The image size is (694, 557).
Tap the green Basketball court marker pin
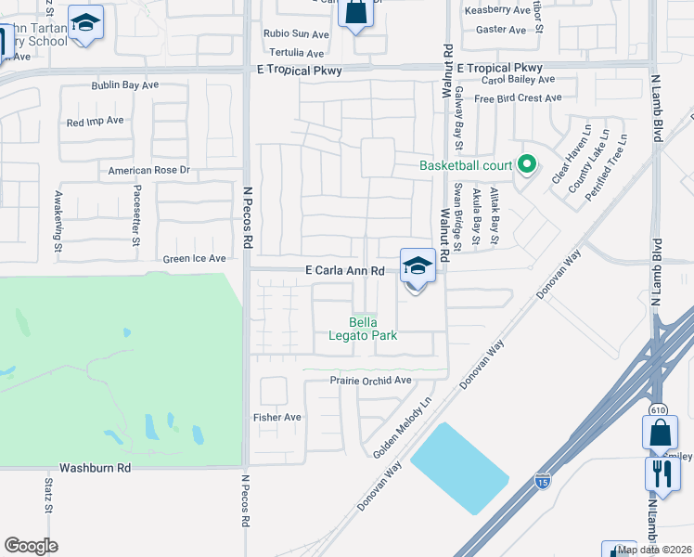pos(527,165)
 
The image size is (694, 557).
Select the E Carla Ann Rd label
pos(345,270)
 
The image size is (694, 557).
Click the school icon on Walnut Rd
pos(418,266)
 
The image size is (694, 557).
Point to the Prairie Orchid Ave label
pos(370,381)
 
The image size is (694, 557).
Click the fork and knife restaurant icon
pos(662,473)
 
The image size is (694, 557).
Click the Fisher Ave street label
pos(277,418)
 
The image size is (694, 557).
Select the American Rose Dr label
pos(148,171)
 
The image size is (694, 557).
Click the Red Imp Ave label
pos(95,122)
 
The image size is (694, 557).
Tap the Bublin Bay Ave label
pos(124,85)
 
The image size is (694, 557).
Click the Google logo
pos(32,546)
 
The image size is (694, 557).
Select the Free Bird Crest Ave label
pos(517,98)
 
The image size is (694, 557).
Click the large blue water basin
pos(459,467)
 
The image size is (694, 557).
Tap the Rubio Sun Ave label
pos(296,34)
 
